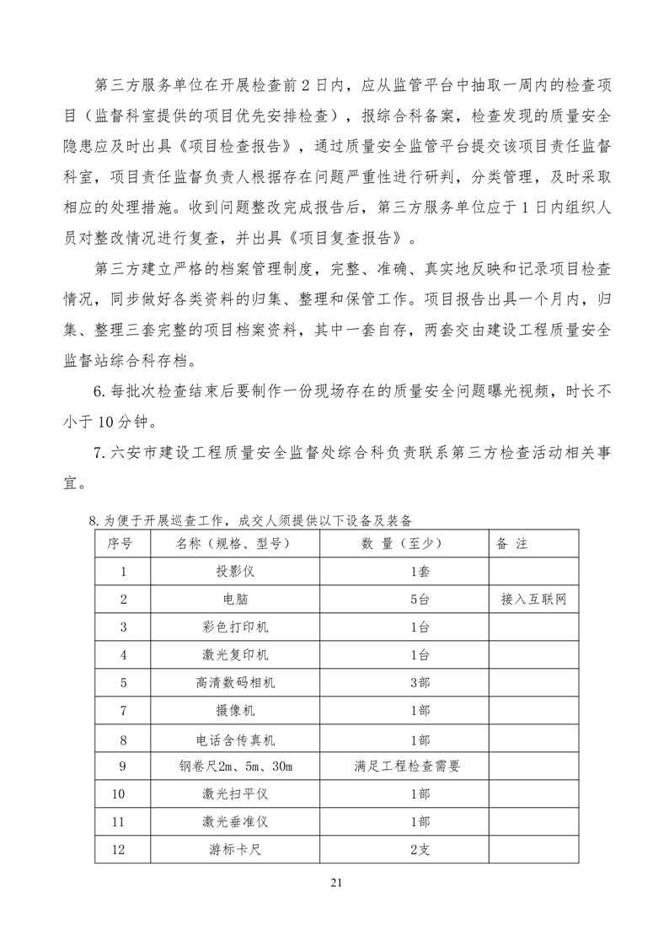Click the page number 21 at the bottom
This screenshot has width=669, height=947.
point(335,883)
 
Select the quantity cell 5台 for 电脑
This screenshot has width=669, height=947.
point(420,600)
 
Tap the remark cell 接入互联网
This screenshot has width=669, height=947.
point(533,600)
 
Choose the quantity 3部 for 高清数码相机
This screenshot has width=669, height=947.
point(420,683)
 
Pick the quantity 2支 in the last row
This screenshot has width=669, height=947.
point(420,850)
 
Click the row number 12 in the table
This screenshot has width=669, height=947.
point(123,850)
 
